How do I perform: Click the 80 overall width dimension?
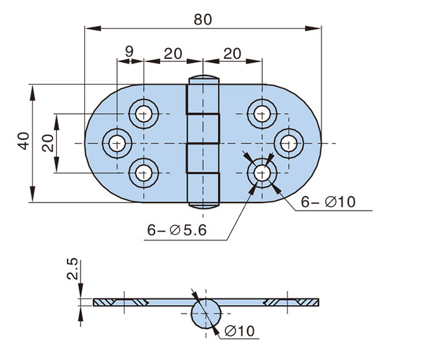(203, 19)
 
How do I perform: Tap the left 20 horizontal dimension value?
(174, 54)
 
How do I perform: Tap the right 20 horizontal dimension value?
(233, 54)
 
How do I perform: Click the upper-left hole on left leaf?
(144, 114)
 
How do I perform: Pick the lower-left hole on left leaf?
(144, 171)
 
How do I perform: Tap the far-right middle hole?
(288, 143)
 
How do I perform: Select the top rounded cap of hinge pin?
(203, 80)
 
